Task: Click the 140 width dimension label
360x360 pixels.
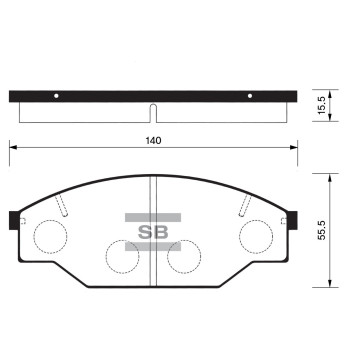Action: [x=153, y=141]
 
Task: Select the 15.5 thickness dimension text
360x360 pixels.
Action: [x=321, y=106]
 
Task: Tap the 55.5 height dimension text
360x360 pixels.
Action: [x=321, y=230]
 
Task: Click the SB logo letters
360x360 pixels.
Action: [x=153, y=232]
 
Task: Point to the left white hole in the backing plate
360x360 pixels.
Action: [x=56, y=96]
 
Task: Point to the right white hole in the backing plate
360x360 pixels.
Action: [x=250, y=96]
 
